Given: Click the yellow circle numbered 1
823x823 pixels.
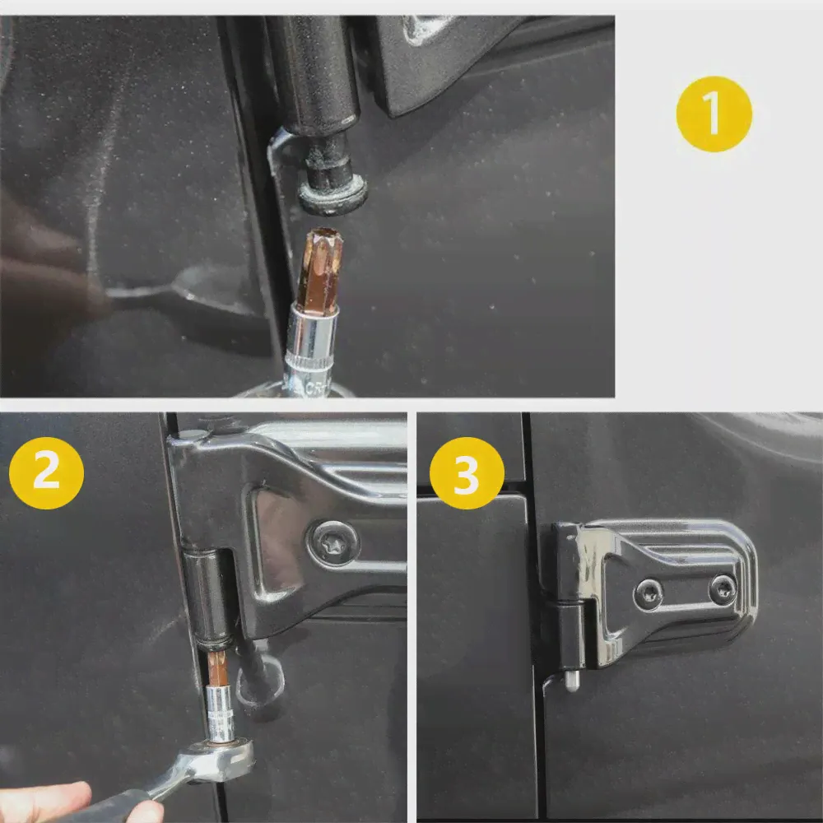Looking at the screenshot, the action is pyautogui.click(x=714, y=114).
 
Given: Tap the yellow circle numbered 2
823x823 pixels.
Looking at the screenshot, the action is pyautogui.click(x=46, y=472).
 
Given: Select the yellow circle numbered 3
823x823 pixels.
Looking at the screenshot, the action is pyautogui.click(x=467, y=472).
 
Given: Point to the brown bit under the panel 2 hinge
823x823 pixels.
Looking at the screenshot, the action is pyautogui.click(x=216, y=668).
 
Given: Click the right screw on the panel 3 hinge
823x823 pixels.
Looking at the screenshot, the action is pyautogui.click(x=723, y=588).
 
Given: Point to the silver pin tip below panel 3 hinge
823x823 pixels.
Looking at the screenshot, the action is pyautogui.click(x=572, y=681).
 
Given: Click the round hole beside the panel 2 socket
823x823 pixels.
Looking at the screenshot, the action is pyautogui.click(x=261, y=681).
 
